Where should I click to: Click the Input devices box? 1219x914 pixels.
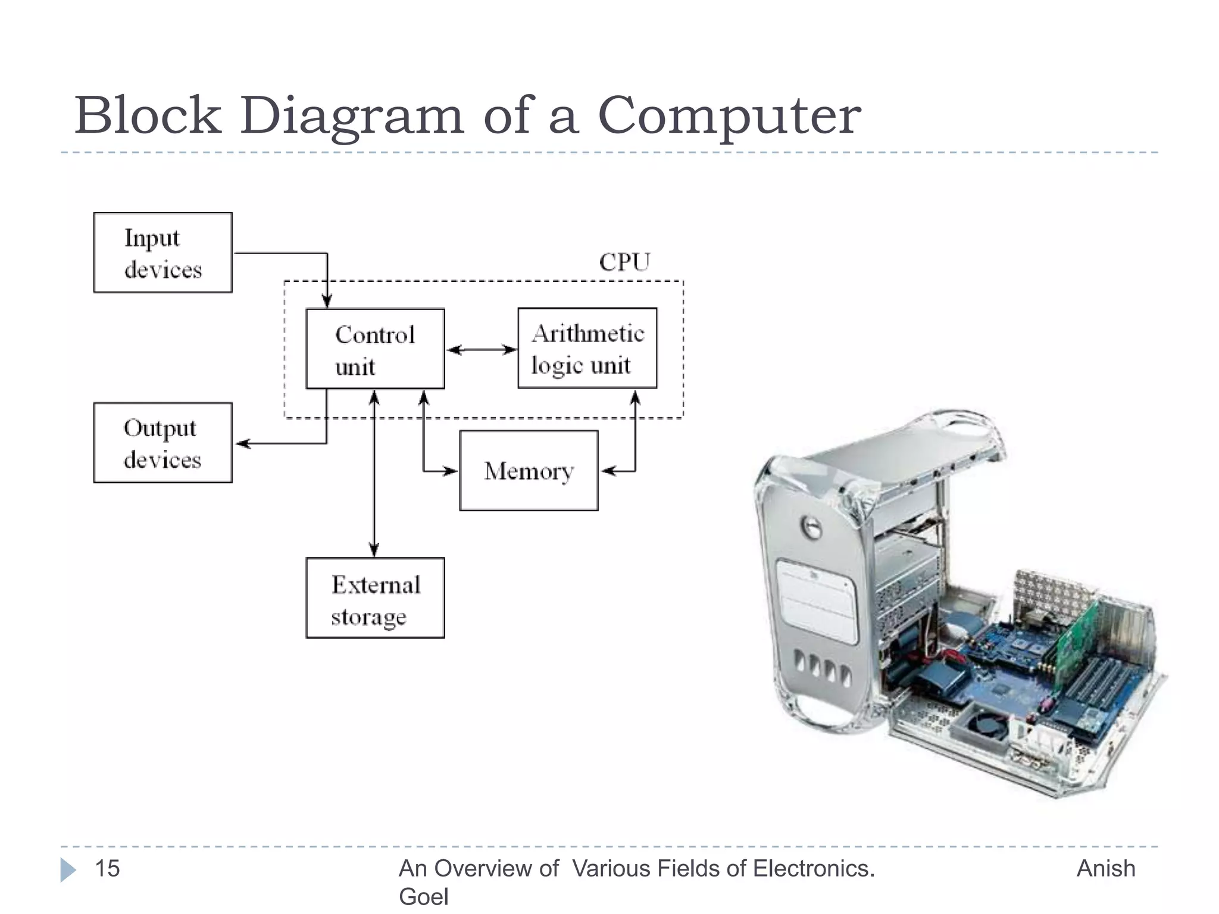(x=162, y=252)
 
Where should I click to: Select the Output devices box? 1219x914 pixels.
(x=162, y=443)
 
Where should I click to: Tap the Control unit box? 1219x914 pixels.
(x=375, y=349)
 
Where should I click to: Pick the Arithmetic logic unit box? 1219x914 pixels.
(x=587, y=348)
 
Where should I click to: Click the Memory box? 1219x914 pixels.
(x=529, y=471)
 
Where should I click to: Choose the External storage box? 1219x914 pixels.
(x=375, y=598)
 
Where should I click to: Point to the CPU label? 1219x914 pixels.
(x=624, y=262)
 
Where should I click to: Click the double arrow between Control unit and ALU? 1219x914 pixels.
(x=481, y=349)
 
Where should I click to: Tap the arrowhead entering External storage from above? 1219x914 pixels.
(x=374, y=550)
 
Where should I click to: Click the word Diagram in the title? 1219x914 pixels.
(x=351, y=116)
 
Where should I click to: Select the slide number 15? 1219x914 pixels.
(x=107, y=868)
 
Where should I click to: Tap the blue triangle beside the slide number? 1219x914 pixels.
(x=68, y=869)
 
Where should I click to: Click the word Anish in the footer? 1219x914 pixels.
(x=1105, y=868)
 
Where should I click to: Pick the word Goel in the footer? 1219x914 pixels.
(x=423, y=896)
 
